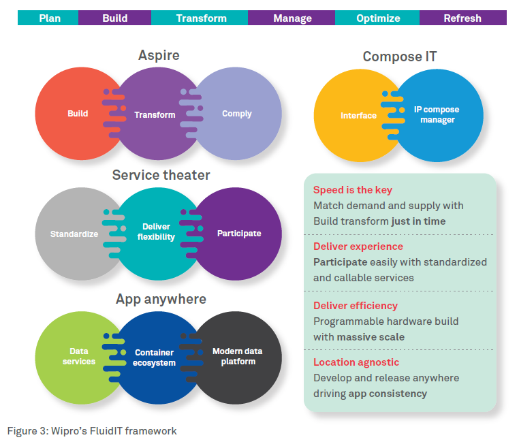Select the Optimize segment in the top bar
pos(377,18)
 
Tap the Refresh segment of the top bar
pos(462,18)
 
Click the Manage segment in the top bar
pos(292,18)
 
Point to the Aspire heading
pos(158,55)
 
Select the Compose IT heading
pos(400,57)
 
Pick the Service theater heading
pos(161,175)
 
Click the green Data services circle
pos(76,356)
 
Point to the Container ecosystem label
pos(155,358)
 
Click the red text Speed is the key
pos(352,190)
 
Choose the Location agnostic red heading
pos(356,362)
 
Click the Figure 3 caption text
pos(92,430)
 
